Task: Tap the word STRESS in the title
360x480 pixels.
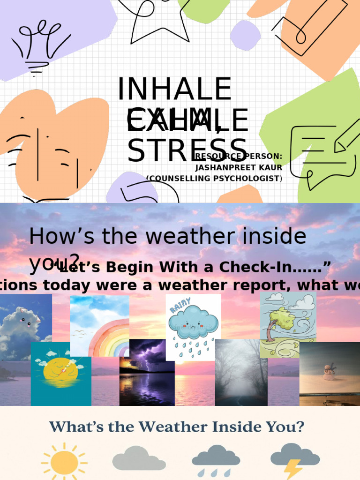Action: click(187, 150)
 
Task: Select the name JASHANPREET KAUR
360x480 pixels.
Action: click(239, 167)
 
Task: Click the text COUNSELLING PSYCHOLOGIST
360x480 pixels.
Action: click(214, 178)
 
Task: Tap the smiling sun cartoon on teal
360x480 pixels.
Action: click(60, 370)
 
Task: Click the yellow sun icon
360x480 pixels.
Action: click(64, 462)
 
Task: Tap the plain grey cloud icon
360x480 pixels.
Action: click(139, 458)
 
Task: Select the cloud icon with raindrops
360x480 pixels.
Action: click(216, 460)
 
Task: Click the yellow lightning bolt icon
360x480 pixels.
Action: click(293, 469)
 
